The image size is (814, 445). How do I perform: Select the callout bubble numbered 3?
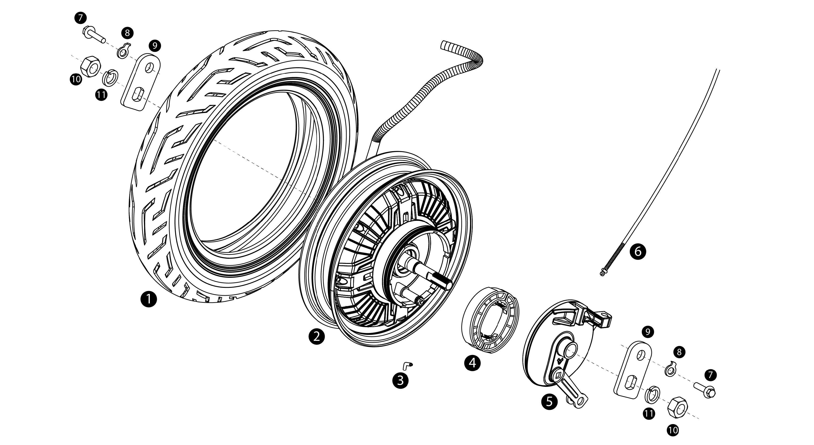pos(400,380)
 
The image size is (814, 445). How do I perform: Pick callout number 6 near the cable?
pos(638,252)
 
